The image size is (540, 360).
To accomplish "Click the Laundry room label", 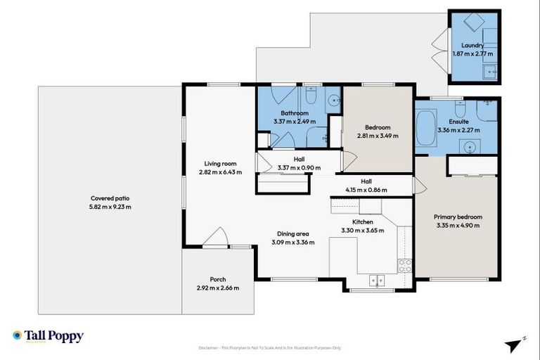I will pyautogui.click(x=473, y=45).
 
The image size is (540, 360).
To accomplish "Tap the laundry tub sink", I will pyautogui.click(x=490, y=70).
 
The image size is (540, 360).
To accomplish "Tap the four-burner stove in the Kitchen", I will pyautogui.click(x=405, y=266).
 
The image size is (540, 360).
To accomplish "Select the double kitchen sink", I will pyautogui.click(x=377, y=279).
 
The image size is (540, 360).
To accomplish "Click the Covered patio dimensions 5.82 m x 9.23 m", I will pyautogui.click(x=110, y=207).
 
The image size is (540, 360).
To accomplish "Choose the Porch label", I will pyautogui.click(x=217, y=279).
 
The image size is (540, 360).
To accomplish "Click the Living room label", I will pyautogui.click(x=219, y=163).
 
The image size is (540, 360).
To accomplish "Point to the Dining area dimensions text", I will pyautogui.click(x=293, y=243).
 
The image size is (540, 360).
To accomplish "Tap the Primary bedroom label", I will pyautogui.click(x=457, y=217).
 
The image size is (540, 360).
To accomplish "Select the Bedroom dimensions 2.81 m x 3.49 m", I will pyautogui.click(x=378, y=136).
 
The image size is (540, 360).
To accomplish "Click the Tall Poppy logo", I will pyautogui.click(x=48, y=336).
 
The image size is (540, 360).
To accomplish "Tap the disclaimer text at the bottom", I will pyautogui.click(x=270, y=347).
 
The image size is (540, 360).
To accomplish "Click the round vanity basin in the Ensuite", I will pyautogui.click(x=468, y=146).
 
